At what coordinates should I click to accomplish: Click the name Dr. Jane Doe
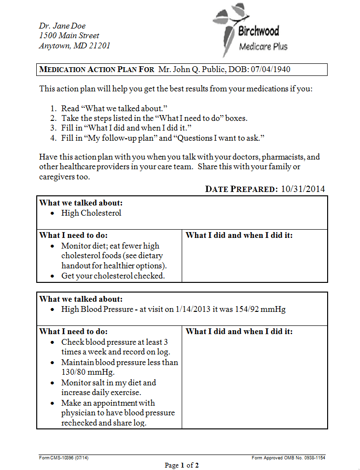pyautogui.click(x=62, y=26)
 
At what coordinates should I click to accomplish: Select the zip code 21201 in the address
pyautogui.click(x=100, y=46)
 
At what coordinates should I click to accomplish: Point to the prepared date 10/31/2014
pyautogui.click(x=303, y=189)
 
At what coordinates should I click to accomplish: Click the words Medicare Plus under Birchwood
pyautogui.click(x=263, y=46)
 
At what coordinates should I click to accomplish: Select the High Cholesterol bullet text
pyautogui.click(x=91, y=213)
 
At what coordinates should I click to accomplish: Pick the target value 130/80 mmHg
pyautogui.click(x=87, y=372)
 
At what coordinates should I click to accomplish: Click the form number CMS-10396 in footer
pyautogui.click(x=57, y=457)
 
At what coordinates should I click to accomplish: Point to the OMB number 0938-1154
pyautogui.click(x=314, y=457)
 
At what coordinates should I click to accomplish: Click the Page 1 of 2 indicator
pyautogui.click(x=182, y=465)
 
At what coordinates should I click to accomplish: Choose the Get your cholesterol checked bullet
pyautogui.click(x=113, y=276)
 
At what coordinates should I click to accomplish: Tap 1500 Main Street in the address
pyautogui.click(x=69, y=36)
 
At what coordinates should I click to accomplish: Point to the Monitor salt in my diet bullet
pyautogui.click(x=108, y=382)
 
